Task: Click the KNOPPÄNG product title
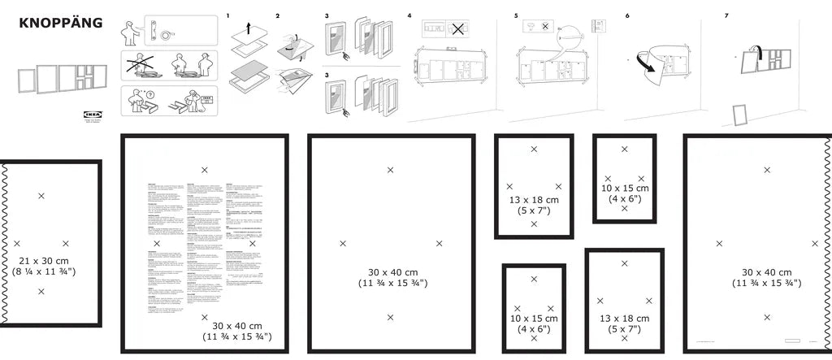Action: (60, 23)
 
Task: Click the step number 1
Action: (228, 16)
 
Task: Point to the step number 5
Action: (516, 16)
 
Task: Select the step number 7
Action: (726, 16)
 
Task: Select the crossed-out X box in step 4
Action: (459, 29)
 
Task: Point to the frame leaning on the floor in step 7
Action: (739, 115)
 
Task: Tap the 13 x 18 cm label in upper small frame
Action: (534, 200)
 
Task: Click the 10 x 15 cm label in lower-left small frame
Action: (534, 319)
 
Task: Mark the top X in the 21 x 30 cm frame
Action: (41, 196)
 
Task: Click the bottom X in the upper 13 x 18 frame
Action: (534, 223)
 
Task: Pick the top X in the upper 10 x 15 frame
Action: (624, 150)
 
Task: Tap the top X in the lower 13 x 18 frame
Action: (624, 263)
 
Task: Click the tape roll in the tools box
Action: (166, 35)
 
